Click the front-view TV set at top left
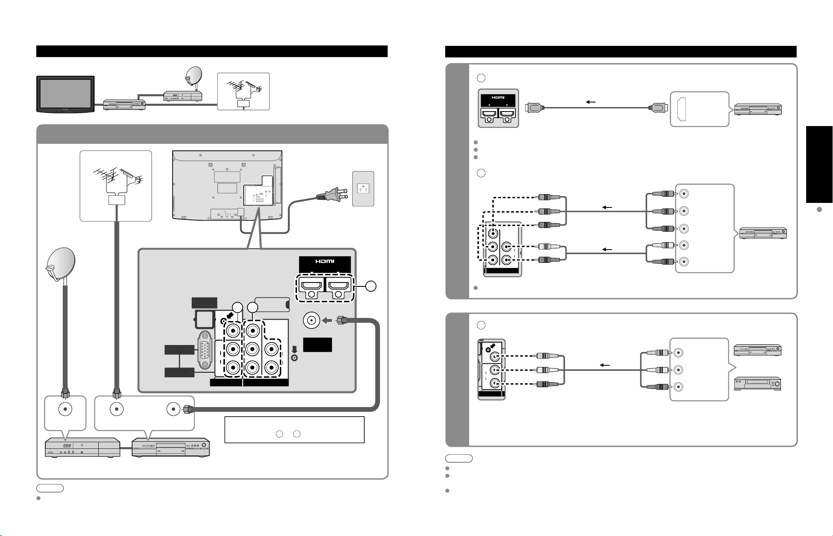tap(66, 93)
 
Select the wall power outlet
tap(363, 188)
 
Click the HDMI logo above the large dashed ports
tap(325, 261)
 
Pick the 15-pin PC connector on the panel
tap(206, 350)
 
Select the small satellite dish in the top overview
tap(194, 76)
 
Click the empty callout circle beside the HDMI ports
tap(371, 286)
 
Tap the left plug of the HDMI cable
tap(534, 108)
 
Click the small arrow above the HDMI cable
tap(591, 101)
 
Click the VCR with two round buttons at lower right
tap(757, 384)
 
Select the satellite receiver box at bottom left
tap(82, 447)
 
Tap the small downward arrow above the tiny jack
tap(294, 337)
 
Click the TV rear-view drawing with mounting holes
tap(227, 184)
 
